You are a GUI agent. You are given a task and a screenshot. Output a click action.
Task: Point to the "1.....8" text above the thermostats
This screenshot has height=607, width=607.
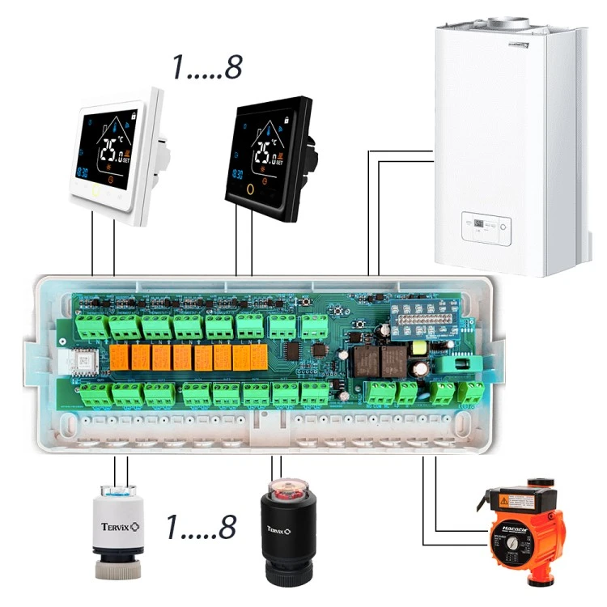(206, 69)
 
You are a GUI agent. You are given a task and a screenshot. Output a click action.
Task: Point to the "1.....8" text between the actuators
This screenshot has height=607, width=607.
(201, 528)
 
